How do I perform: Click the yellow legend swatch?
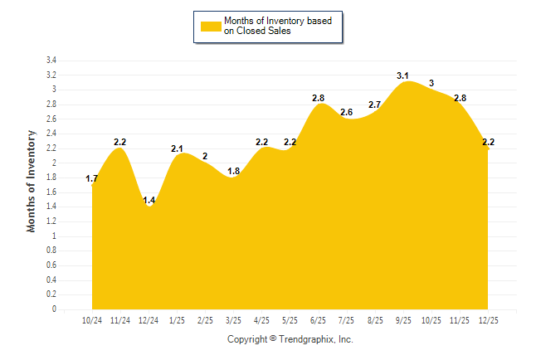(211, 26)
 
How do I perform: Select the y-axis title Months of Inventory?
(32, 180)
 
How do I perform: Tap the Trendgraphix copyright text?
(290, 339)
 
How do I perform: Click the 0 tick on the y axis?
(54, 309)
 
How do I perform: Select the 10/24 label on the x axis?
(92, 320)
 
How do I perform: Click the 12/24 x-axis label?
(149, 320)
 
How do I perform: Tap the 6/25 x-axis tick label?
(318, 320)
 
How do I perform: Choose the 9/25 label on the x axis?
(402, 320)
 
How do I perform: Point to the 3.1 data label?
(402, 75)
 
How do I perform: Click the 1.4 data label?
(149, 201)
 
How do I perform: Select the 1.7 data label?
(92, 178)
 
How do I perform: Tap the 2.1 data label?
(177, 148)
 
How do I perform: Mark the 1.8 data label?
(233, 171)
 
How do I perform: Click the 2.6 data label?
(346, 112)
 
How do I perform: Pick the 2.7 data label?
(374, 105)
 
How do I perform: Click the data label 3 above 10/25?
(431, 83)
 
